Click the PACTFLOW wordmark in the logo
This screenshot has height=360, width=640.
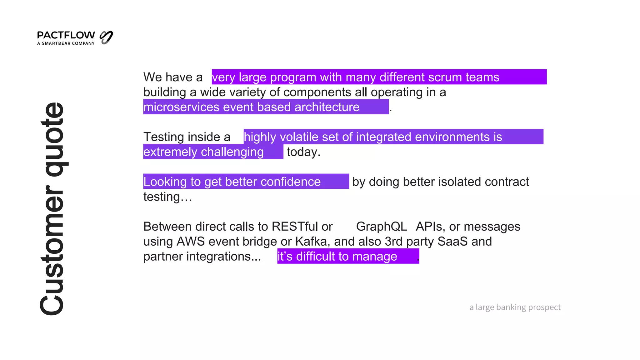pyautogui.click(x=66, y=35)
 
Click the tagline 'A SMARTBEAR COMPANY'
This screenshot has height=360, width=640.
pyautogui.click(x=66, y=43)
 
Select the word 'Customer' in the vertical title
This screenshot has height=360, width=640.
pyautogui.click(x=52, y=250)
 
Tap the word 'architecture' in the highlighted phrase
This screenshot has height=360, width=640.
pyautogui.click(x=327, y=107)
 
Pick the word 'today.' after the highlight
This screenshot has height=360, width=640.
pyautogui.click(x=303, y=152)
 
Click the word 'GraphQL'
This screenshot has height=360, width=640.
pyautogui.click(x=381, y=227)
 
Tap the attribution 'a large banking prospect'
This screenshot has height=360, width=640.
pyautogui.click(x=515, y=307)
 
